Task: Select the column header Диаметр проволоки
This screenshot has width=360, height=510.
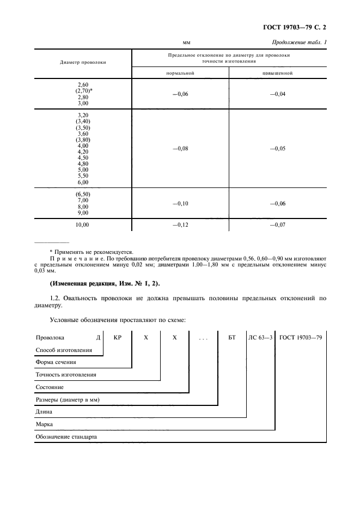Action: point(83,62)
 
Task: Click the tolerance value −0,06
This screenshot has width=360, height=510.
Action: point(180,94)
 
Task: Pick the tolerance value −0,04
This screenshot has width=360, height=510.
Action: point(278,94)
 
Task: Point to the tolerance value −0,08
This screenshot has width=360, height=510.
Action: point(180,148)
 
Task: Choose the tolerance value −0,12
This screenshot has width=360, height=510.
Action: point(180,224)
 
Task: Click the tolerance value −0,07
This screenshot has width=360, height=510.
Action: point(278,224)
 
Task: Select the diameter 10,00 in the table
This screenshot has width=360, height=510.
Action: point(83,224)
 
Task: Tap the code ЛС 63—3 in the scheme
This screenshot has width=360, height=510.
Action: point(260,338)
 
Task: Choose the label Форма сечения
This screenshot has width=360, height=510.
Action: point(56,362)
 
